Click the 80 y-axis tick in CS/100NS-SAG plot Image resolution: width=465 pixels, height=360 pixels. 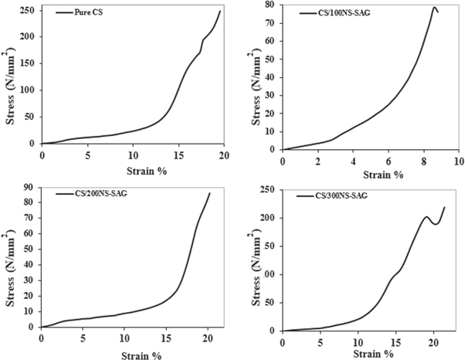pyautogui.click(x=272, y=5)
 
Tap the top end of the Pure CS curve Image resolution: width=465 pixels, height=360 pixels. pyautogui.click(x=220, y=11)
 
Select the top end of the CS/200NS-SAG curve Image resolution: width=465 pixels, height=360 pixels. pyautogui.click(x=209, y=193)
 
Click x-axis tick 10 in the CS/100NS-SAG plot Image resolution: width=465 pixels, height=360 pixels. pyautogui.click(x=458, y=161)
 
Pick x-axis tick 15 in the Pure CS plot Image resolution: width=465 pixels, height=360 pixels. pyautogui.click(x=178, y=155)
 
